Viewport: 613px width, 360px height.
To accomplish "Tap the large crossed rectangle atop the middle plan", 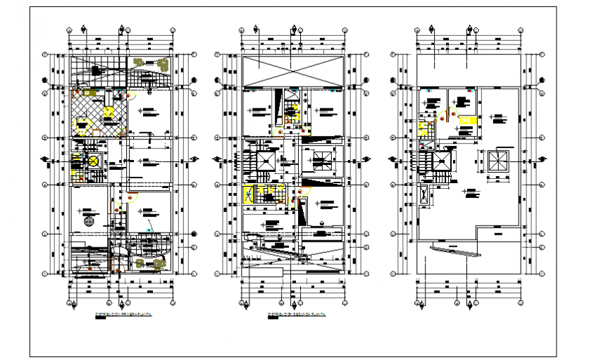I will tap(292, 72).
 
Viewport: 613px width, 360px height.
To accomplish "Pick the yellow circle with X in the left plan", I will tap(92, 161).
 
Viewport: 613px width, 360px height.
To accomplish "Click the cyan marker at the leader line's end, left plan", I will tap(149, 230).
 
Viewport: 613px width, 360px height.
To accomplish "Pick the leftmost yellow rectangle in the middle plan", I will tap(249, 194).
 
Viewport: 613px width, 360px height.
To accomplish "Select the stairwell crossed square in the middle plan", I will tap(266, 161).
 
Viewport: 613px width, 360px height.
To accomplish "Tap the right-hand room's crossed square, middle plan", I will tap(321, 160).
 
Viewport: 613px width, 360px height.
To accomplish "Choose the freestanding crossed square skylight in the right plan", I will tap(498, 161).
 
